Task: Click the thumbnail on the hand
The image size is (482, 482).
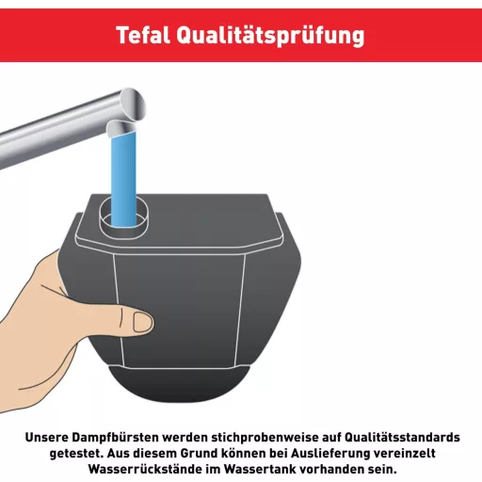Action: tap(142, 322)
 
